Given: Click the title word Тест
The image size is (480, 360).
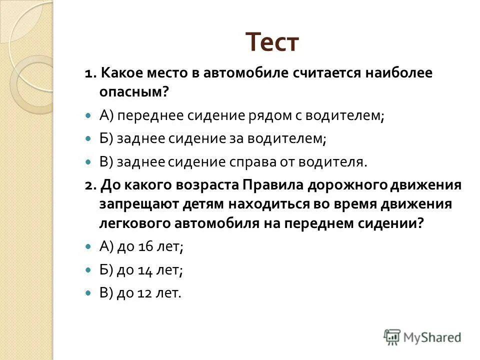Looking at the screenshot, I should tap(272, 42).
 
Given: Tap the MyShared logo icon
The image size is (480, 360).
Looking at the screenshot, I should tap(392, 336).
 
